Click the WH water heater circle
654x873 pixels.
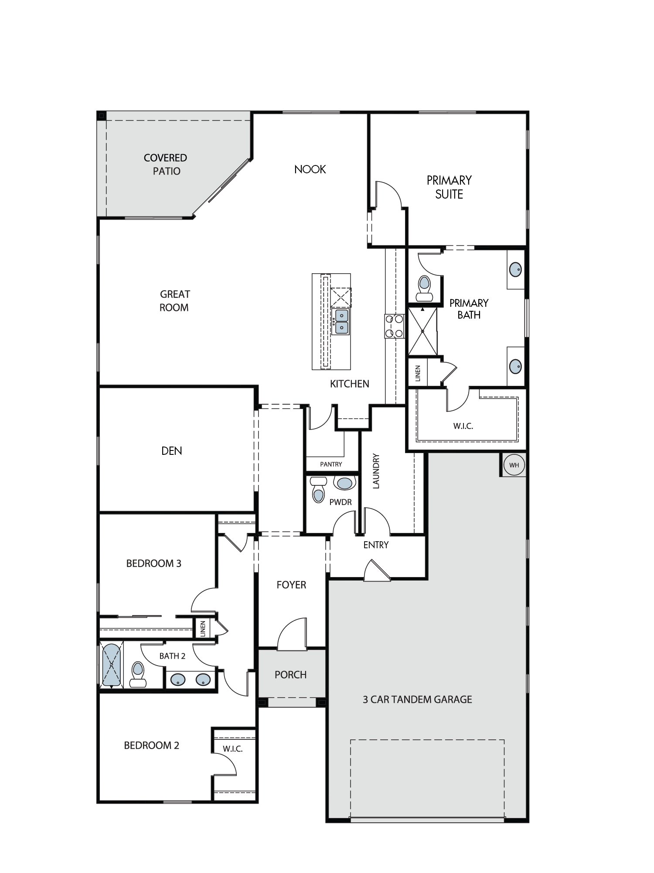(514, 465)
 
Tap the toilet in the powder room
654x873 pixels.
(318, 490)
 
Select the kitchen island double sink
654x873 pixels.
(341, 322)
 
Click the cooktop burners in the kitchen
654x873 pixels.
(395, 326)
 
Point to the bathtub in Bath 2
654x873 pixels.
(112, 665)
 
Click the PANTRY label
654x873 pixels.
(331, 464)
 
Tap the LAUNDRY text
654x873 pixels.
(376, 471)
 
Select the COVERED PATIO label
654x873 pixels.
(166, 165)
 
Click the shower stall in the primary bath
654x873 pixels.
(422, 331)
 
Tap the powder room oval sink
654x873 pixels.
(345, 483)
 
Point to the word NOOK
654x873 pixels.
(310, 169)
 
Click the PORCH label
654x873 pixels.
(290, 675)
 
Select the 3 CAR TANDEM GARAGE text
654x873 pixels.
(417, 700)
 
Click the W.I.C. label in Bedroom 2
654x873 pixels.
(233, 749)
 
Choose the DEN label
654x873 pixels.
(172, 451)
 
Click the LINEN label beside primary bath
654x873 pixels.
(418, 374)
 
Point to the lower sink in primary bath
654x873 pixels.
(516, 366)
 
